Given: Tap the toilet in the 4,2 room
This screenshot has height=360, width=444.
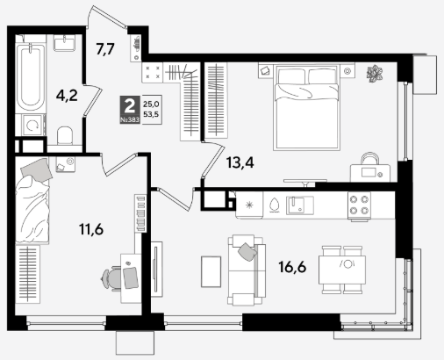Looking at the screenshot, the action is click(65, 136).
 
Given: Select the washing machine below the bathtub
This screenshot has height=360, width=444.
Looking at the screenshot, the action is click(31, 126).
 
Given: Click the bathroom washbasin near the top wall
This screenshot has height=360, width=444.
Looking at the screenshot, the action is click(65, 43).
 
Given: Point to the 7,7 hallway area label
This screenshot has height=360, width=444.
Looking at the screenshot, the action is click(105, 49).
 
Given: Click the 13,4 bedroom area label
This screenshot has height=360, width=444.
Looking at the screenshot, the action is click(240, 162).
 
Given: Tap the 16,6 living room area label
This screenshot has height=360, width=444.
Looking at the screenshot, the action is click(292, 267).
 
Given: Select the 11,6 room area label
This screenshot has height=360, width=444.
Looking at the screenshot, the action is click(91, 229).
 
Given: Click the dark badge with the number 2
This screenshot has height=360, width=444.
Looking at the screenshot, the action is click(130, 110).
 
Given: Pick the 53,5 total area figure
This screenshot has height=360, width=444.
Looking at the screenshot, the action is click(151, 114).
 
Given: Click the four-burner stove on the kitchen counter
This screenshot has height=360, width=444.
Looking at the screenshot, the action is click(359, 205).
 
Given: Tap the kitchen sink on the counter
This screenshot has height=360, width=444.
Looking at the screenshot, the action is click(300, 205).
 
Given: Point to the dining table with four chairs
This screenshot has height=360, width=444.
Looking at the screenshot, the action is click(342, 270).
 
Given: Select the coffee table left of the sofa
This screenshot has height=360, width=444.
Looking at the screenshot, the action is click(211, 271).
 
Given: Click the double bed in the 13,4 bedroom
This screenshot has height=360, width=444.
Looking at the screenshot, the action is click(307, 108).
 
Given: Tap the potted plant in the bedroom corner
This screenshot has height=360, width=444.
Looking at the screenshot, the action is click(375, 74).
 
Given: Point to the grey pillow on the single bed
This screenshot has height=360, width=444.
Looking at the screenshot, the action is click(36, 169).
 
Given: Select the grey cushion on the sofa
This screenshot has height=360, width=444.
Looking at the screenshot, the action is click(247, 252).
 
